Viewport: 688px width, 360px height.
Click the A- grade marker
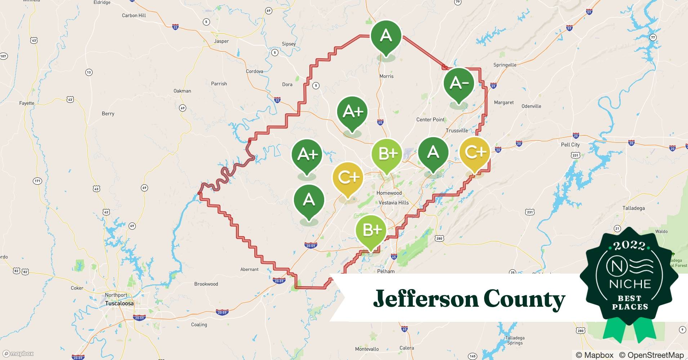459,83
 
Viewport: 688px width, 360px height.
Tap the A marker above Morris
386,36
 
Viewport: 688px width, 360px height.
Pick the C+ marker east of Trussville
475,153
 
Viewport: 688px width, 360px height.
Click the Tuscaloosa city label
119,303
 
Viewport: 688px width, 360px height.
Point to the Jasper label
221,41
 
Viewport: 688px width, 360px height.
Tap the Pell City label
570,145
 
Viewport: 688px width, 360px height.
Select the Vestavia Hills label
394,203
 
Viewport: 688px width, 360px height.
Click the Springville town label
505,65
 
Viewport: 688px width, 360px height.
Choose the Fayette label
27,103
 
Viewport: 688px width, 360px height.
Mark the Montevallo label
367,349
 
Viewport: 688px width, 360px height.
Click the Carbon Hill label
134,15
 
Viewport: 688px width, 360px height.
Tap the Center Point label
430,120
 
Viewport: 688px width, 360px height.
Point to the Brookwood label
206,284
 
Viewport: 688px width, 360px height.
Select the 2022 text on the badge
629,246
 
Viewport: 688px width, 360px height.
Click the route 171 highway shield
37,181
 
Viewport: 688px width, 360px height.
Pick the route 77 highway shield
653,37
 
